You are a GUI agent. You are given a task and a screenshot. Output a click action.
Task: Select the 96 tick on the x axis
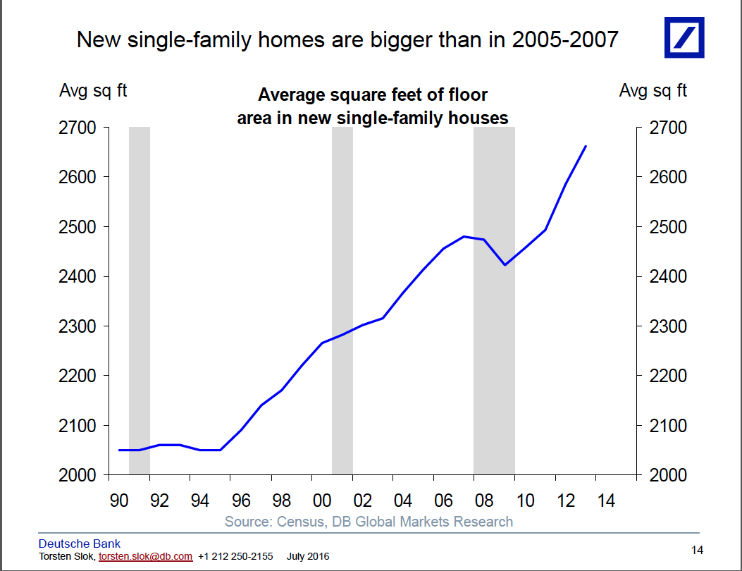click(x=241, y=501)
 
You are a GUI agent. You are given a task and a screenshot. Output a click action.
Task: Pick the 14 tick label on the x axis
click(x=606, y=501)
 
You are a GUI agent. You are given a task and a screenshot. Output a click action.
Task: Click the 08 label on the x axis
click(x=484, y=501)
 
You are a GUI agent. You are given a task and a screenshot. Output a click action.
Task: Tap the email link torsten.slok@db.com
click(x=145, y=556)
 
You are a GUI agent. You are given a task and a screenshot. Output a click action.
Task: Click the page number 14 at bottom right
click(x=697, y=550)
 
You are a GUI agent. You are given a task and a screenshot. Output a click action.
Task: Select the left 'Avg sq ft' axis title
click(x=93, y=91)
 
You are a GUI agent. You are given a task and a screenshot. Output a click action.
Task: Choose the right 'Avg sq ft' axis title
click(x=653, y=91)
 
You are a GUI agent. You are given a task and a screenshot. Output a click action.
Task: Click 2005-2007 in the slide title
click(x=565, y=39)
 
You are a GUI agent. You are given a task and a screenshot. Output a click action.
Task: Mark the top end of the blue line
click(x=586, y=147)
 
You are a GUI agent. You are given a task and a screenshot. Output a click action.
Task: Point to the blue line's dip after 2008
click(x=505, y=264)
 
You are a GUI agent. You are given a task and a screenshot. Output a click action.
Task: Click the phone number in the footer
click(x=235, y=556)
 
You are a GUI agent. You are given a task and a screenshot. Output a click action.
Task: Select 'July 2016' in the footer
click(x=308, y=556)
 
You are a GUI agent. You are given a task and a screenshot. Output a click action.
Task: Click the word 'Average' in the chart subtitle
click(x=290, y=95)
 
